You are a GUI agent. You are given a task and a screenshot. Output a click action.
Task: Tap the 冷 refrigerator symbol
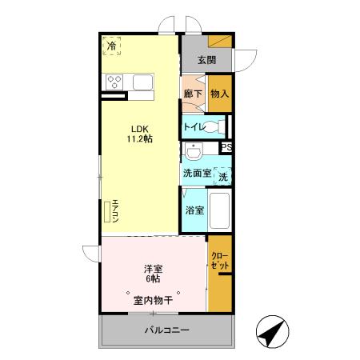coord(111,46)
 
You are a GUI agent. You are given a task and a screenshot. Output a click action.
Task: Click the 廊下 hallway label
coord(193,94)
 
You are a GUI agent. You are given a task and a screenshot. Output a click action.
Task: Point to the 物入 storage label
coord(219,94)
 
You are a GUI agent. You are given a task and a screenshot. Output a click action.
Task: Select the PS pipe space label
coord(226,147)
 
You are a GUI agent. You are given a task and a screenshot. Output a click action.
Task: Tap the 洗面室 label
coord(196,174)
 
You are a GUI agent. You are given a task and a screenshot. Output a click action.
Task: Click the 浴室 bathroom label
coord(194,210)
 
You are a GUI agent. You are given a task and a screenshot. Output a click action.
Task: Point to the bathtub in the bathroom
coord(218,212)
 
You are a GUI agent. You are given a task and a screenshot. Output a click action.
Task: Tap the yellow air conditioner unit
coord(107,211)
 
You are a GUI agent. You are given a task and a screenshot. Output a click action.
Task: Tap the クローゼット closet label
coord(220,260)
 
